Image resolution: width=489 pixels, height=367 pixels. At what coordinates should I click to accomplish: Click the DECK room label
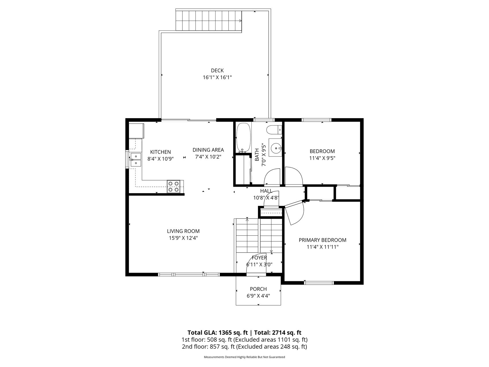click(x=217, y=71)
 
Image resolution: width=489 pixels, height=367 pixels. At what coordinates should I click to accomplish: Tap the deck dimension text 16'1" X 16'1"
click(x=217, y=77)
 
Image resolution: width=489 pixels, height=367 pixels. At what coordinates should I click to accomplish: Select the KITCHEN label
click(x=161, y=152)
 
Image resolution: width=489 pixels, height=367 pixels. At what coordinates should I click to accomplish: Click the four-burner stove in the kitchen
click(x=174, y=186)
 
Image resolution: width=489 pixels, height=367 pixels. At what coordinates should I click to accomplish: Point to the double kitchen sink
click(x=136, y=160)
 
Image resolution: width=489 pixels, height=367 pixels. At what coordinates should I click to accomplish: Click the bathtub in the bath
click(x=243, y=138)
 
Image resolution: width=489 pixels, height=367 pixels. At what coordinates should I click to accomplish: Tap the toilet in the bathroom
click(x=274, y=130)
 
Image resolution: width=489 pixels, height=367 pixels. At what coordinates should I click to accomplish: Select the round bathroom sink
click(x=275, y=148)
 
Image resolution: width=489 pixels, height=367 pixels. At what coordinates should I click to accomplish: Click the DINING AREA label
click(x=208, y=150)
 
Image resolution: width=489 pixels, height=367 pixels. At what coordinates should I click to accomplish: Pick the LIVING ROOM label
click(x=183, y=231)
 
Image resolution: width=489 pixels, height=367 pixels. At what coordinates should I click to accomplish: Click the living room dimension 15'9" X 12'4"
click(x=183, y=238)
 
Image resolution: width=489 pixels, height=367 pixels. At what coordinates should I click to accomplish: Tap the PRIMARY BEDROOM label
click(x=322, y=240)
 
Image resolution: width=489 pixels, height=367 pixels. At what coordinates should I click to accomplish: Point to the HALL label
click(x=266, y=191)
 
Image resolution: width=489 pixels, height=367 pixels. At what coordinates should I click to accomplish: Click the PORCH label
click(x=258, y=289)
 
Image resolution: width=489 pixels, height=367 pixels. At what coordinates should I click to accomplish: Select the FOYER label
click(x=259, y=258)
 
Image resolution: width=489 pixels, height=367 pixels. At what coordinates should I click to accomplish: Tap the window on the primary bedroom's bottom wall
click(x=319, y=283)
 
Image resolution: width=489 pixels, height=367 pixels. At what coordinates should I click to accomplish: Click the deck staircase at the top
click(x=209, y=21)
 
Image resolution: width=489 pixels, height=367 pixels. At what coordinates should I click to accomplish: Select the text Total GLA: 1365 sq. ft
click(x=218, y=333)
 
